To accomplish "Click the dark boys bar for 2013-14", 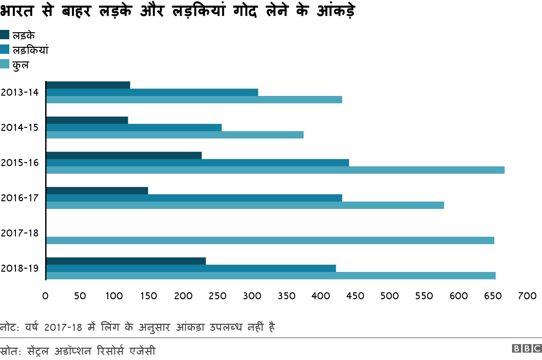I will (88, 85).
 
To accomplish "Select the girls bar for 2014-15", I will (134, 128).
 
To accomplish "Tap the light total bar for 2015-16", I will (275, 170).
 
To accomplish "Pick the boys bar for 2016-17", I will (97, 191).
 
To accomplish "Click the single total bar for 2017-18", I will (270, 240).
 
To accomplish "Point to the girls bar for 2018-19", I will (191, 268).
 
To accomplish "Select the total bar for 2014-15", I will (175, 135).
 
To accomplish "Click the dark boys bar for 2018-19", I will (126, 261).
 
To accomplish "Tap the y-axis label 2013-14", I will (20, 92).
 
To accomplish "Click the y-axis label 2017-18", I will (20, 233).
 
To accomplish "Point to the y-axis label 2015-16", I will (20, 163).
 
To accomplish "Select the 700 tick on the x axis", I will (527, 296).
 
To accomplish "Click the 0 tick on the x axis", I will (45, 296).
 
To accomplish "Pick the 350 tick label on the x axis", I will (286, 296).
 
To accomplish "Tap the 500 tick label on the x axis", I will (390, 296).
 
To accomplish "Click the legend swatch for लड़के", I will (5, 35).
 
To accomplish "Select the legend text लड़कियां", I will (31, 50).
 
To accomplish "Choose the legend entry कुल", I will (21, 65).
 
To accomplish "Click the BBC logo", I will (527, 348).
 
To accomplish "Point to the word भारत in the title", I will (17, 11).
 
